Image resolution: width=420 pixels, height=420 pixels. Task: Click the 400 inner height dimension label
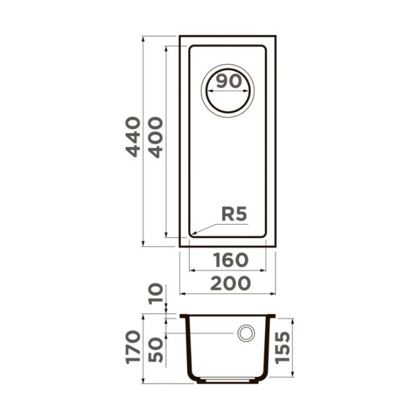click(156, 137)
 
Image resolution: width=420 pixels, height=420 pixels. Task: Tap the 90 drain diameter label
click(228, 81)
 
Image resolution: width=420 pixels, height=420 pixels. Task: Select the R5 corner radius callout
click(234, 214)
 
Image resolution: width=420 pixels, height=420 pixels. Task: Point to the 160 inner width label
click(228, 260)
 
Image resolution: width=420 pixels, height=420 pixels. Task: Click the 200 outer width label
click(228, 283)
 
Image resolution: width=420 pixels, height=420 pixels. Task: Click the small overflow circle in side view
click(246, 333)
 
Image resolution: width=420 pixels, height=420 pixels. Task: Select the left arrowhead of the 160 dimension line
click(192, 270)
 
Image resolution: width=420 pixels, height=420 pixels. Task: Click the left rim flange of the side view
click(184, 316)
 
